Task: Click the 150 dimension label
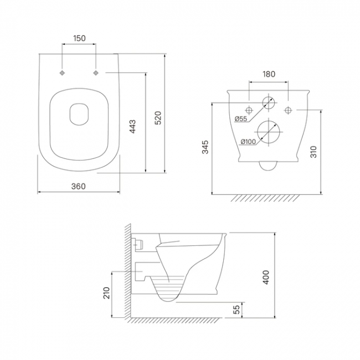(x=79, y=38)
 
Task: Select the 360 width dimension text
(x=79, y=186)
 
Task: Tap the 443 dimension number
(x=132, y=126)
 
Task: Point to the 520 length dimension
(x=158, y=118)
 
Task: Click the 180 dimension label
(x=269, y=74)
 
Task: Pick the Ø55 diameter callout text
(x=241, y=119)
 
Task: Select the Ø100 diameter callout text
(x=248, y=142)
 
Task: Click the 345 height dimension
(x=205, y=147)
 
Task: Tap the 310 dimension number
(x=313, y=152)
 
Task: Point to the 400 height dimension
(x=266, y=277)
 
